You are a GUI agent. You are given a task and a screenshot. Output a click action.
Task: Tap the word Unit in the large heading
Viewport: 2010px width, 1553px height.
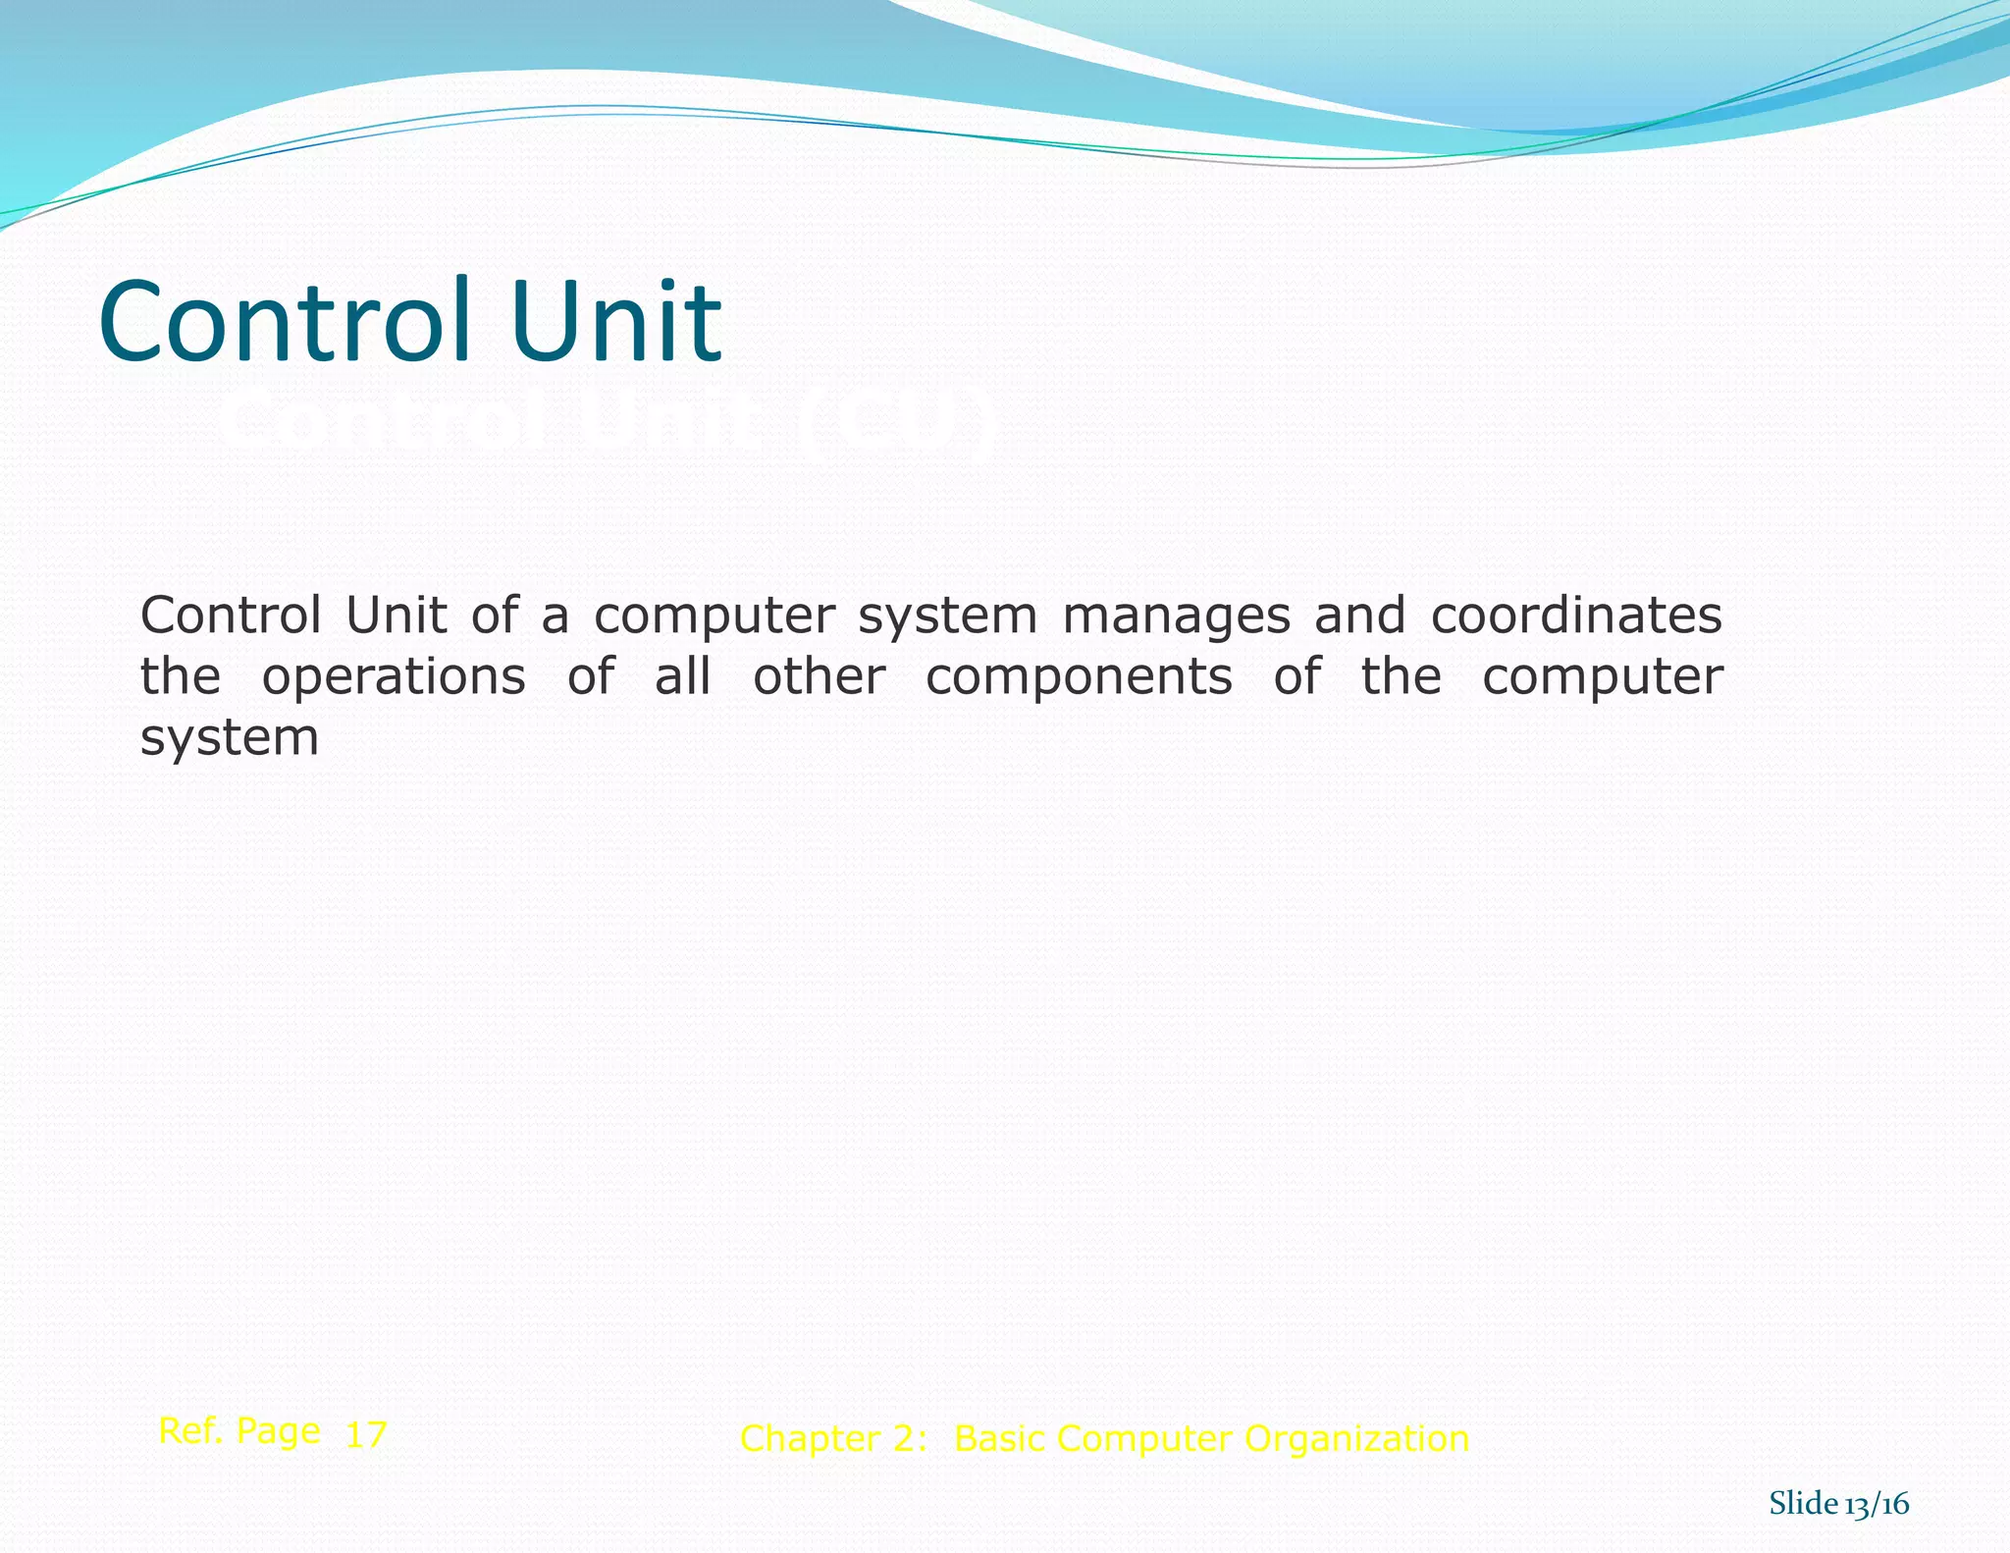(x=615, y=321)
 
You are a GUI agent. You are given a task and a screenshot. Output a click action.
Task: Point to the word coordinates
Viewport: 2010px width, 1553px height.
(x=1576, y=616)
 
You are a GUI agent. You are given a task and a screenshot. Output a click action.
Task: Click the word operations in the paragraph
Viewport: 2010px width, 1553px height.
(x=394, y=676)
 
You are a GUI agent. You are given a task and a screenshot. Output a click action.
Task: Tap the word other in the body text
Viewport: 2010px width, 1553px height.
(x=820, y=676)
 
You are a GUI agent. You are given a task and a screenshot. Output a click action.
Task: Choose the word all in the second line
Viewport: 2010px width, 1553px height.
(x=682, y=676)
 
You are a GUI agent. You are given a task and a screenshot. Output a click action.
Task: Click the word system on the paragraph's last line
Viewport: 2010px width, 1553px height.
(x=230, y=739)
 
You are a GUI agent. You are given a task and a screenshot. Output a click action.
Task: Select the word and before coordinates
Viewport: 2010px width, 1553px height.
(x=1359, y=616)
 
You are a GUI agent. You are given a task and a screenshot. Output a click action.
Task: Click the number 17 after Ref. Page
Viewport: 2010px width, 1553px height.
(x=366, y=1434)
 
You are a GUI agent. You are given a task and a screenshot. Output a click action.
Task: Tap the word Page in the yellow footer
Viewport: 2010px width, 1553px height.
(x=279, y=1432)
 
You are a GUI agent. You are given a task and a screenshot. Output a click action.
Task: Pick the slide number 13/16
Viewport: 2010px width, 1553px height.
(x=1877, y=1504)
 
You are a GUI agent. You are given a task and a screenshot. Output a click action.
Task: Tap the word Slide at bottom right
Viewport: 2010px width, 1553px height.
(x=1803, y=1503)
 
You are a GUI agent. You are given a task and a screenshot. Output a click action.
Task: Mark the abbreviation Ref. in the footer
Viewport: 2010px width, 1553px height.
(x=190, y=1430)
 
